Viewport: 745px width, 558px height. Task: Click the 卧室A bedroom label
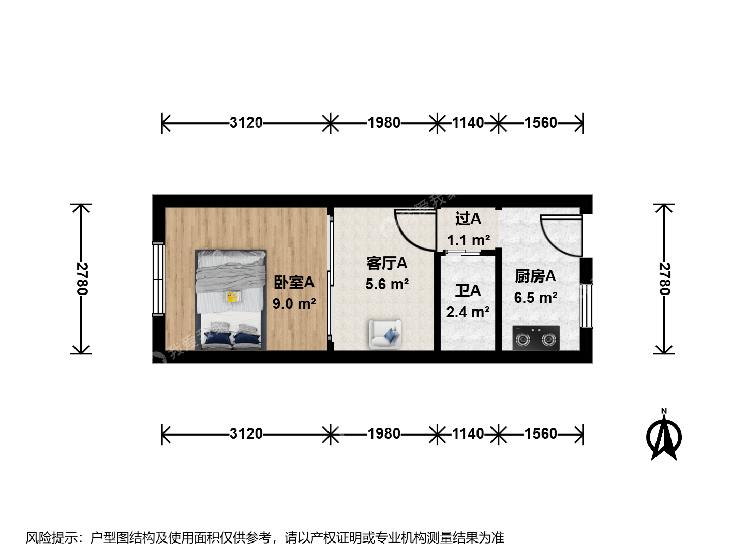[294, 282]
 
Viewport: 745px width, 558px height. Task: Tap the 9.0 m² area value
[294, 304]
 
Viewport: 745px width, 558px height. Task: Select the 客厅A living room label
[386, 263]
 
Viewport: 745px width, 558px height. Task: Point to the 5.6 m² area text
[387, 284]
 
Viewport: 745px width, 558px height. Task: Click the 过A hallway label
[468, 219]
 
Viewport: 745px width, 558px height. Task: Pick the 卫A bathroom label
[468, 291]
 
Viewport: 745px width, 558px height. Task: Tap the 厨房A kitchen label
[535, 276]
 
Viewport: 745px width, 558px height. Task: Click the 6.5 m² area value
[535, 298]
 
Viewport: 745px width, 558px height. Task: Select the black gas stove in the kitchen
[536, 338]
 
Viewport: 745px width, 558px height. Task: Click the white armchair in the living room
[385, 334]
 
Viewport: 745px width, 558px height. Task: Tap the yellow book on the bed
[232, 297]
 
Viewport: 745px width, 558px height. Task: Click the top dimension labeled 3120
[246, 122]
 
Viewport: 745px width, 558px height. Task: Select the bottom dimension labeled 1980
[384, 433]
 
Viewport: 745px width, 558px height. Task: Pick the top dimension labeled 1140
[468, 122]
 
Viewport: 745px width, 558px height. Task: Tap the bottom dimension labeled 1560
[541, 433]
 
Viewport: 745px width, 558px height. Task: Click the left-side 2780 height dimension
[81, 279]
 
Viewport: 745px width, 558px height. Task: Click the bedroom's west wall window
[158, 279]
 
